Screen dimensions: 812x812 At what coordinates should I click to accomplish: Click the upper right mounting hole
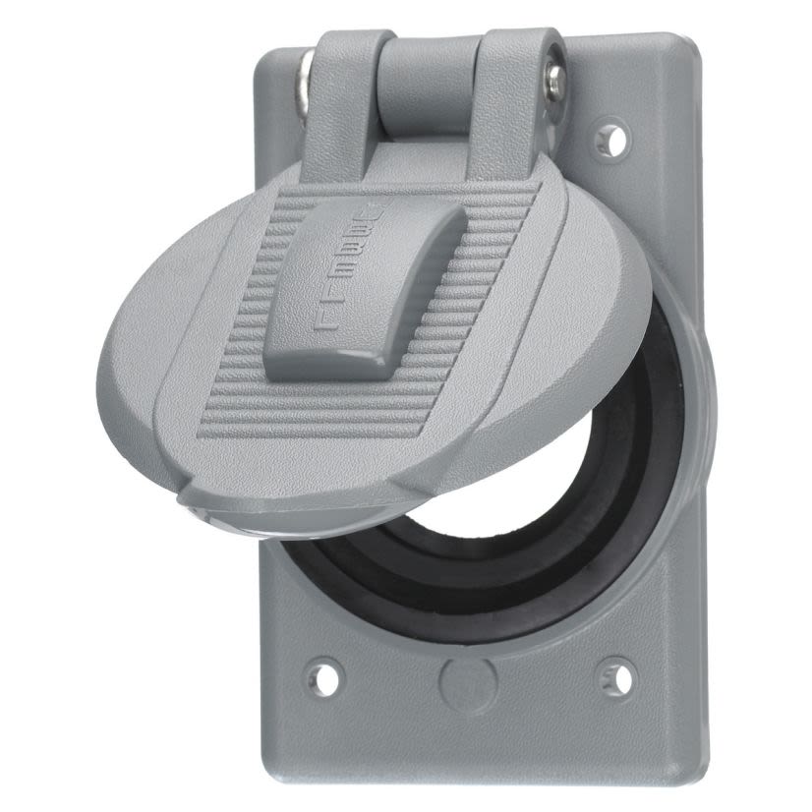pos(613,139)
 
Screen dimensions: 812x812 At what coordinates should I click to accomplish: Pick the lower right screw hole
pos(615,671)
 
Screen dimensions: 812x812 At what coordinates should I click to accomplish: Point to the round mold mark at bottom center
pos(463,679)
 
